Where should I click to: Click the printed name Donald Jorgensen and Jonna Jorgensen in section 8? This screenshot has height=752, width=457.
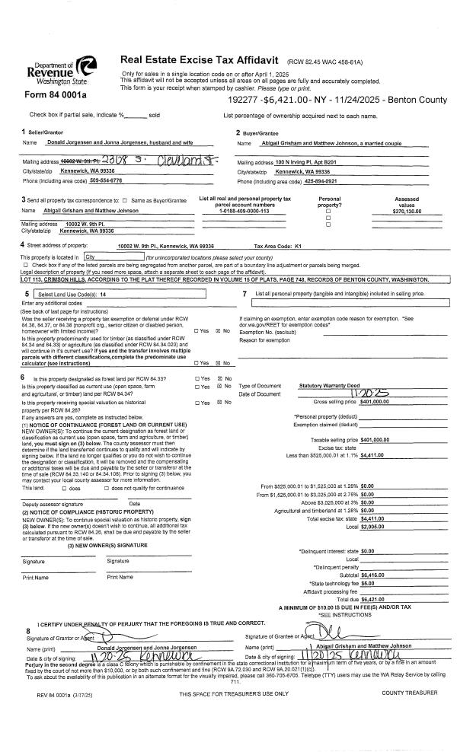[136, 646]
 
